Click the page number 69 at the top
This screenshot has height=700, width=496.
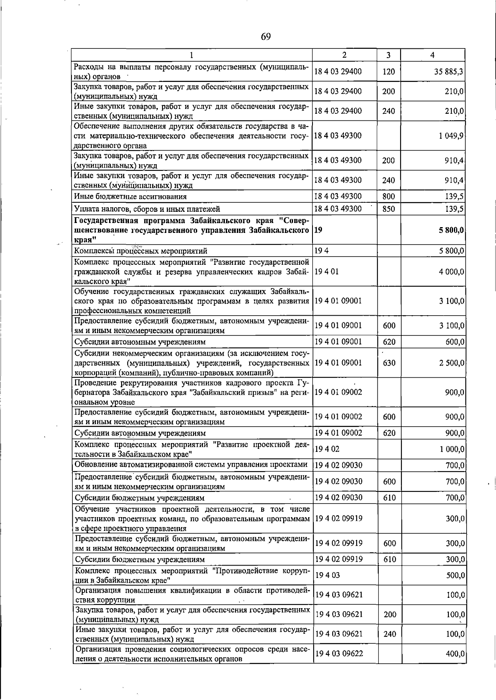(x=265, y=37)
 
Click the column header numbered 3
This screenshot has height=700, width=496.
(x=389, y=55)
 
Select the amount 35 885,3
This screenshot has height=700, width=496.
(x=448, y=71)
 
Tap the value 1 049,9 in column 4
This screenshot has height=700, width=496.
(x=451, y=136)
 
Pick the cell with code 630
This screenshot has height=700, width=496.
(x=389, y=363)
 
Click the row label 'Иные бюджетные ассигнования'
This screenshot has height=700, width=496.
(x=130, y=197)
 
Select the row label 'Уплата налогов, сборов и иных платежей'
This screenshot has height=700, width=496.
(x=147, y=209)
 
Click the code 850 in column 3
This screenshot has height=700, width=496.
(x=389, y=209)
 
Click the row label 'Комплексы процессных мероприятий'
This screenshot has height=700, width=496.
(x=141, y=251)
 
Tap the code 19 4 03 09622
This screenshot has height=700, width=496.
(x=339, y=654)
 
